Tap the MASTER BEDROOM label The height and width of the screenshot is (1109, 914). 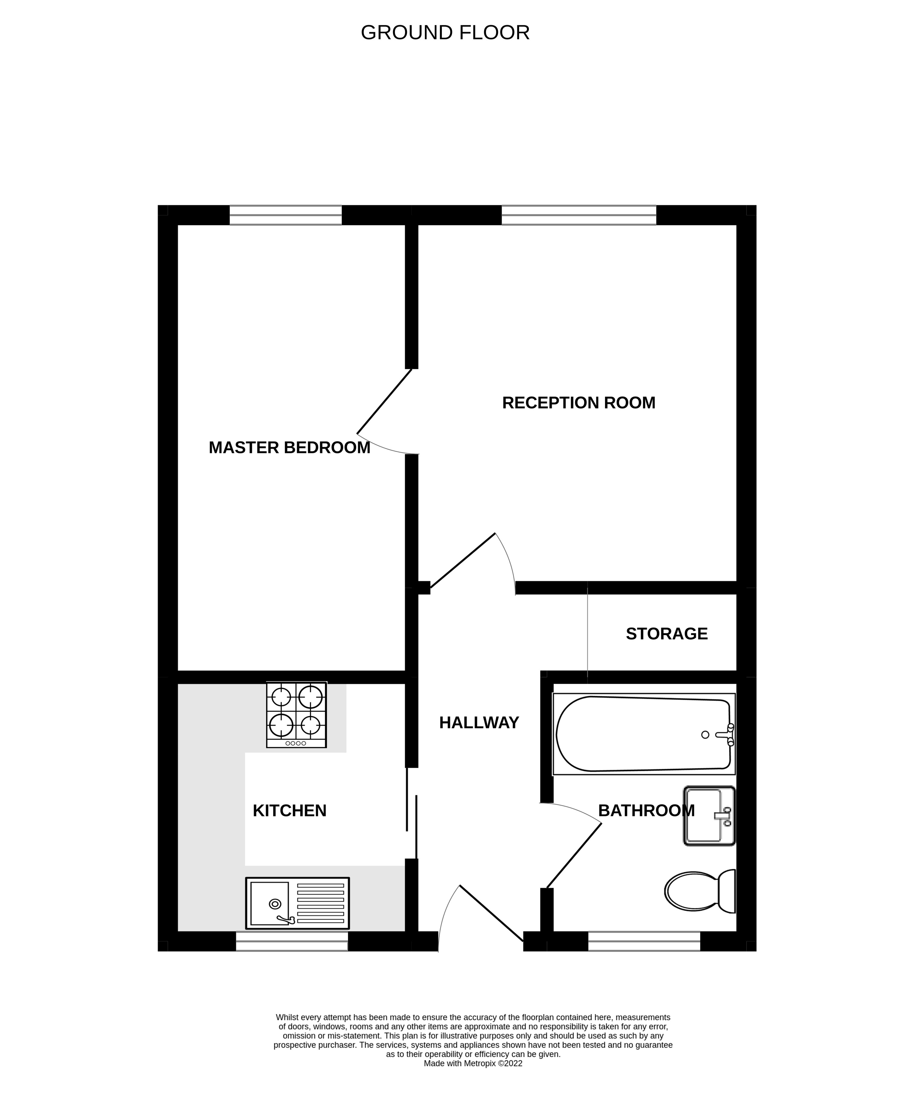289,447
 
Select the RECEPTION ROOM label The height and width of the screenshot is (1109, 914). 579,403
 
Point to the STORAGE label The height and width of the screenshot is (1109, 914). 667,634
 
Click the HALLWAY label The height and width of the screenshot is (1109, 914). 479,723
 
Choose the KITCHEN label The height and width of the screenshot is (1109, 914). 289,811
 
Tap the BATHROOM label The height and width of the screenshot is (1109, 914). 647,811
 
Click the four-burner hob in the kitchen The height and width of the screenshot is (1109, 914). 296,715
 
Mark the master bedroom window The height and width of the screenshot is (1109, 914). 285,215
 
